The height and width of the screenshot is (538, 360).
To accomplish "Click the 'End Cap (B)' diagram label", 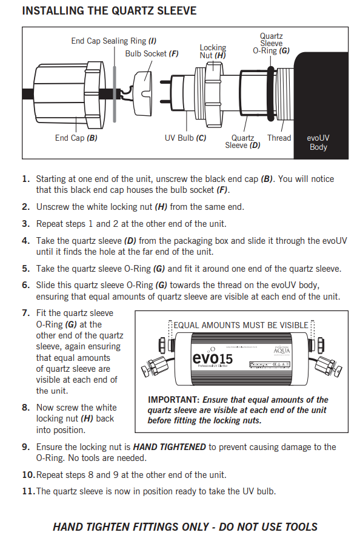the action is (x=76, y=138).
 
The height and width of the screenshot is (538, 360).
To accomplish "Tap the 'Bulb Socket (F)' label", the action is (x=152, y=53).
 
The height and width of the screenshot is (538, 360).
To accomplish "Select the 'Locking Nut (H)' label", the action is (x=213, y=51).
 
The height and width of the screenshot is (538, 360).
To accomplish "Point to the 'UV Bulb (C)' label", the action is (x=185, y=138).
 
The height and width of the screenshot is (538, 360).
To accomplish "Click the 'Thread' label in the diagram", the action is (x=279, y=138).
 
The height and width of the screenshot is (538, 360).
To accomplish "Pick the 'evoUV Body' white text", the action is (x=318, y=143).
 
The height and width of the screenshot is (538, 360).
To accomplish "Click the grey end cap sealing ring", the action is (x=115, y=93).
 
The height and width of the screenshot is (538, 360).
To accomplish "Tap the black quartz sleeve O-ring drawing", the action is (x=271, y=93).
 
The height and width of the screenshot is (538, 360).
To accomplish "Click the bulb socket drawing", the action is (x=142, y=93).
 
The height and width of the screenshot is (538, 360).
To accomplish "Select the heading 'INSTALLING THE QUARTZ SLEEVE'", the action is (x=109, y=11).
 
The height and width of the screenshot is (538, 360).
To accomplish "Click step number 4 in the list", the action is (x=25, y=241).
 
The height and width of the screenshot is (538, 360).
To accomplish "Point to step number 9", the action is (x=25, y=447).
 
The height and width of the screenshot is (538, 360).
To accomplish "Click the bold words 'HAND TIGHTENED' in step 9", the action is (x=169, y=447).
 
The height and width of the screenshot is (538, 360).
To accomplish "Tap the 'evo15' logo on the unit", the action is (x=213, y=358).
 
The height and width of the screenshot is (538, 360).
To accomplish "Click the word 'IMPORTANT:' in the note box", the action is (x=173, y=400).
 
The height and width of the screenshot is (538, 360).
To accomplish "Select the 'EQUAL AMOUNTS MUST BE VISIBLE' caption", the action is (x=241, y=325).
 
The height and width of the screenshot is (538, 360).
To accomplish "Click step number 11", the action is (x=28, y=491).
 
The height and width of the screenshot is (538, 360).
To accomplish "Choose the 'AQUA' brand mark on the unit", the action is (x=281, y=351).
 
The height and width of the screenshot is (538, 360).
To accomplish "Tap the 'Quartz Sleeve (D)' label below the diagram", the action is (x=243, y=142).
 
